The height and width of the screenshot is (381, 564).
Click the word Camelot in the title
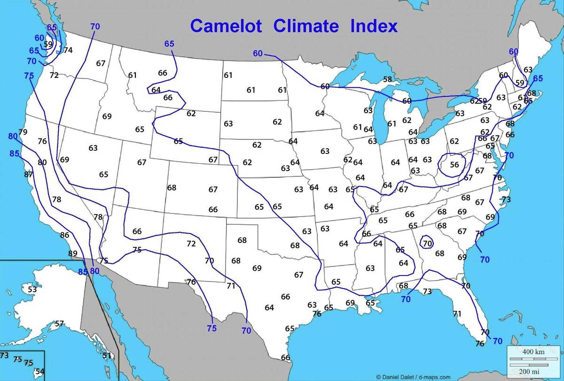(227, 26)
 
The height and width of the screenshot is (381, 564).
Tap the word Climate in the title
(306, 26)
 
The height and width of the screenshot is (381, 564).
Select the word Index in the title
(374, 26)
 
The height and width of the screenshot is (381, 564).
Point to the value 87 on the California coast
(29, 175)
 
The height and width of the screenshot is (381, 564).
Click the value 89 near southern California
(72, 254)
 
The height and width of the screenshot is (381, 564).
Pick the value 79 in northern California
(23, 132)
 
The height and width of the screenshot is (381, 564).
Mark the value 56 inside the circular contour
(454, 165)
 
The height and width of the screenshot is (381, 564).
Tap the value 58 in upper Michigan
(387, 79)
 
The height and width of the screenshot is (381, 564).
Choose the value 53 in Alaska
(32, 290)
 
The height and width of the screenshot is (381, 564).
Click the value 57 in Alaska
(59, 324)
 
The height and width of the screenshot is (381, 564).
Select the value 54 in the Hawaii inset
(40, 372)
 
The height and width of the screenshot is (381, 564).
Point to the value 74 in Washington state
(68, 50)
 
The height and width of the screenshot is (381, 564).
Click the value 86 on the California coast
(65, 235)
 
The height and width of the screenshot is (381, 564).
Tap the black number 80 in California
(42, 163)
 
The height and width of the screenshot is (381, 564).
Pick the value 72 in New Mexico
(191, 244)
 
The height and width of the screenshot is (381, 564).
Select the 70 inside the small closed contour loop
(427, 244)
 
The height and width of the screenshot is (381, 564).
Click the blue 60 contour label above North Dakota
(258, 53)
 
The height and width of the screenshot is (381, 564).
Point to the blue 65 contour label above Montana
(169, 44)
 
